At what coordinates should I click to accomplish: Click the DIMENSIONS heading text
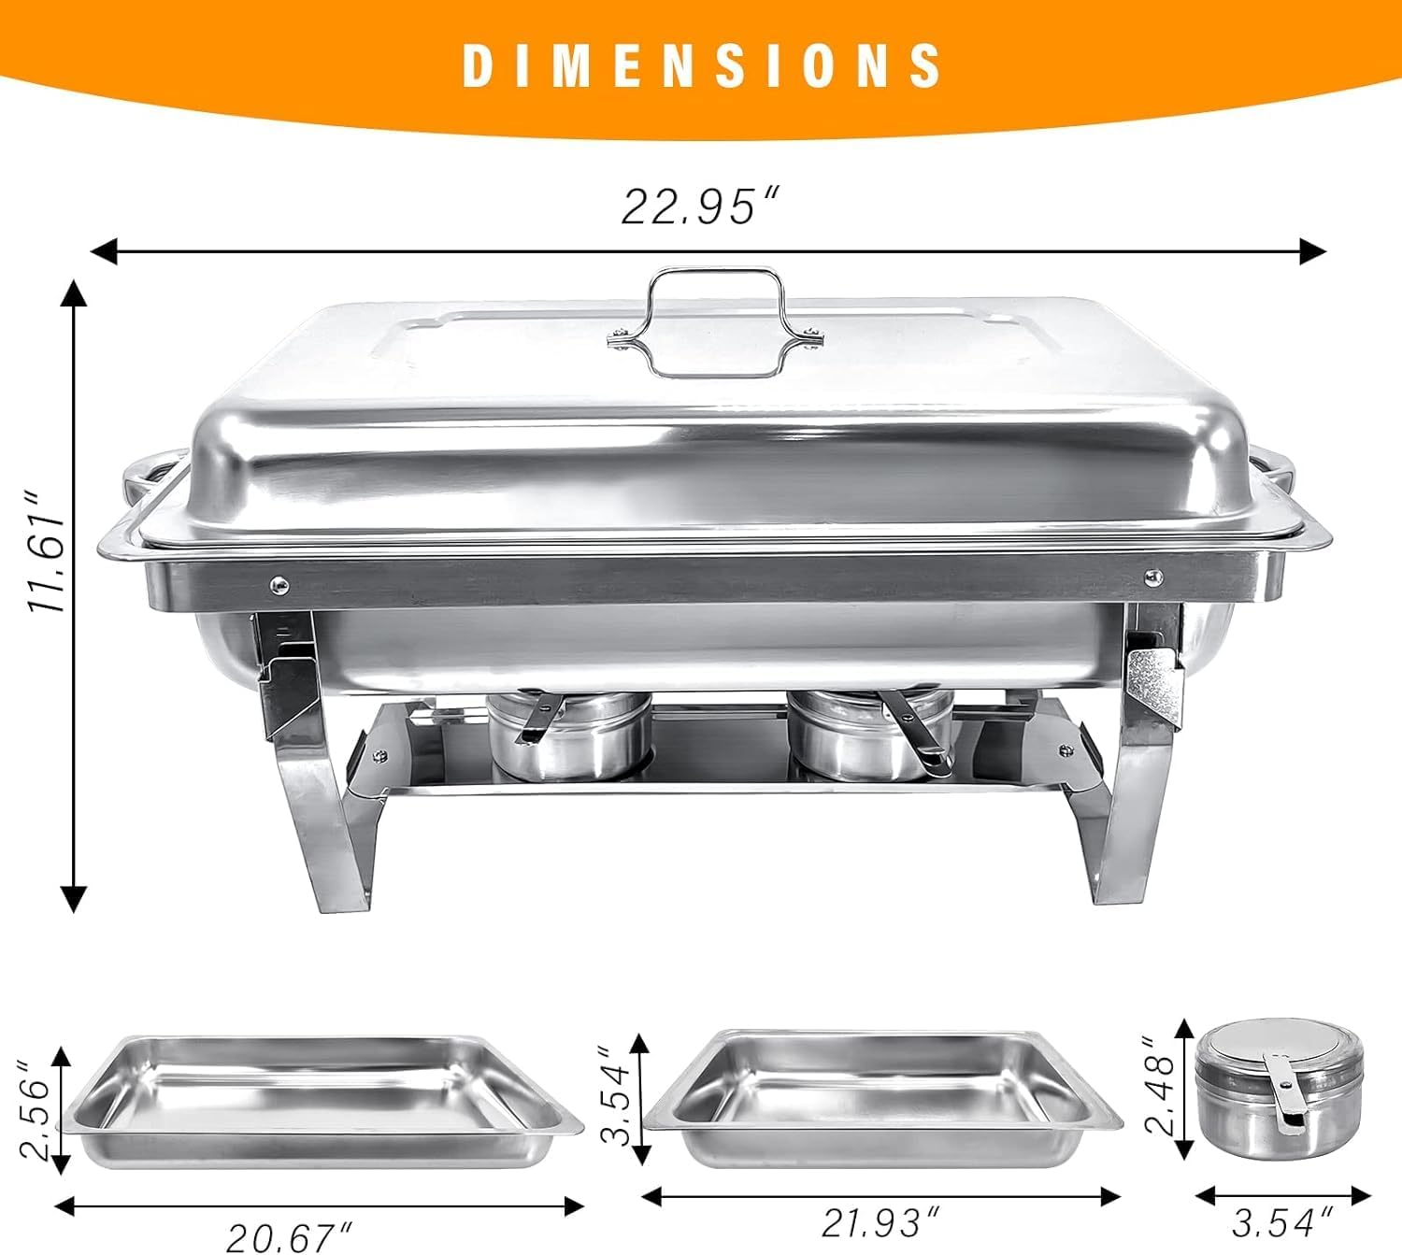pos(702,65)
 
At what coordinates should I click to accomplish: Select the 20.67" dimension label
pos(291,1236)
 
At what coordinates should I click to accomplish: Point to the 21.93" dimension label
pos(881,1220)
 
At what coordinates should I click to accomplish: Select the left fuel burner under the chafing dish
pos(568,735)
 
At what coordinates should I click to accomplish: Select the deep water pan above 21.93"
pos(883,1098)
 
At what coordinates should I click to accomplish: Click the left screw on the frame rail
pos(279,585)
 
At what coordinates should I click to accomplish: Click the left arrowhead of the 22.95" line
pos(101,250)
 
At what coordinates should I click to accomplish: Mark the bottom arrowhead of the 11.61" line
pos(73,899)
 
